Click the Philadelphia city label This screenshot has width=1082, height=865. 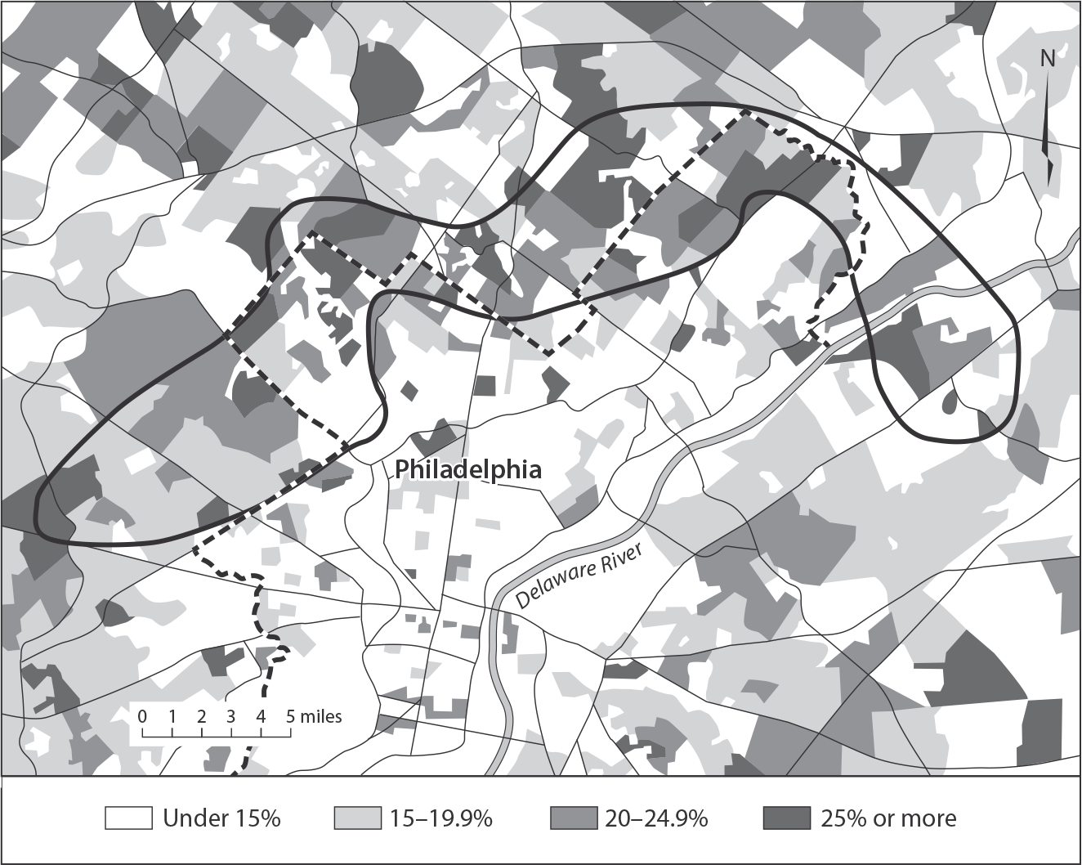click(x=468, y=470)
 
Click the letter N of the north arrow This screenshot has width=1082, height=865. click(x=1048, y=59)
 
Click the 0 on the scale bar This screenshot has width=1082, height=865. click(x=143, y=715)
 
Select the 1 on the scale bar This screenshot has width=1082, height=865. click(x=173, y=715)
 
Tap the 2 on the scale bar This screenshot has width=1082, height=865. click(x=202, y=715)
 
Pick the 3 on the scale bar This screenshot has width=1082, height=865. click(x=231, y=715)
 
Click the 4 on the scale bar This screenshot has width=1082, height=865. click(x=261, y=715)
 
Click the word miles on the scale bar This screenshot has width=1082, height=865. click(x=320, y=716)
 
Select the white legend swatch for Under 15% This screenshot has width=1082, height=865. click(x=129, y=818)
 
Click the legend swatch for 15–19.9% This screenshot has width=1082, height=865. click(x=359, y=818)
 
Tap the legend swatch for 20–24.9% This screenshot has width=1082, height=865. click(x=574, y=818)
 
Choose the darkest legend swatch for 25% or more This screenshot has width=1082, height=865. click(x=786, y=818)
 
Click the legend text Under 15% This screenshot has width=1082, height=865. click(x=221, y=818)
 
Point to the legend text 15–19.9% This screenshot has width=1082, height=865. click(x=440, y=818)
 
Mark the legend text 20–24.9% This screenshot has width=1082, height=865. click(x=656, y=818)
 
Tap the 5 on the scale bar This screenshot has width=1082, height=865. click(x=290, y=715)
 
